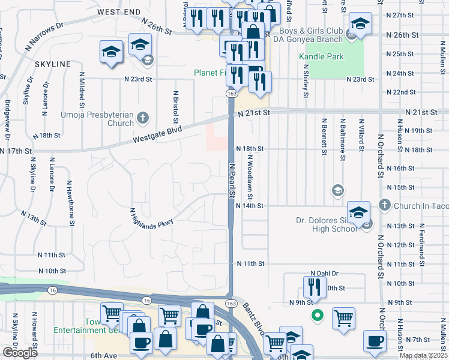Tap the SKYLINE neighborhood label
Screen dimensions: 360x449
click(52, 64)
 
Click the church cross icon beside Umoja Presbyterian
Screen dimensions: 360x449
click(143, 117)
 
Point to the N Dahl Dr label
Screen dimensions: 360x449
click(324, 273)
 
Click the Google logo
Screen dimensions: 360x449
click(20, 353)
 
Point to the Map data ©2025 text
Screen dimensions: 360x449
click(423, 356)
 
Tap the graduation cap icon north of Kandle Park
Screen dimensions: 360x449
click(360, 24)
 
